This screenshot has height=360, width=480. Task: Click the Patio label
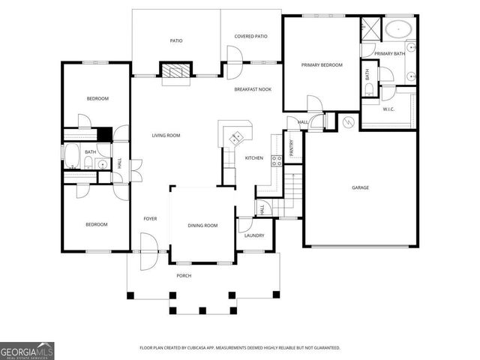[176, 41]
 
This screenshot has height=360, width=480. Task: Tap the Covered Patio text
[251, 36]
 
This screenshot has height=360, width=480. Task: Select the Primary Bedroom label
[322, 65]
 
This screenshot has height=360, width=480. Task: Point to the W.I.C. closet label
[388, 109]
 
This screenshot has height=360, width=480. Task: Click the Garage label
[360, 187]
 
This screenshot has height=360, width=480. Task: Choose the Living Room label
[166, 136]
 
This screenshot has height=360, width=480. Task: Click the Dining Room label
[202, 226]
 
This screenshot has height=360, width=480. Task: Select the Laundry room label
[254, 235]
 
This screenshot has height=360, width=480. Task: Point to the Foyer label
[150, 218]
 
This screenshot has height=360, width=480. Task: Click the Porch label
[184, 276]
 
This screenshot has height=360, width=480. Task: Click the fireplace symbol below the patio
[176, 72]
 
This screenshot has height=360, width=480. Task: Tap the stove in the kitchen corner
[236, 136]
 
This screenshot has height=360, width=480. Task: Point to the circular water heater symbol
[348, 121]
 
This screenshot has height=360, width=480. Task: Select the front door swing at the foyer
[148, 244]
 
